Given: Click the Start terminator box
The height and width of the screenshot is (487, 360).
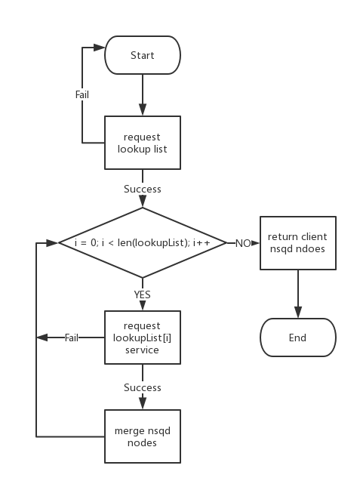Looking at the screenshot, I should click(x=142, y=55).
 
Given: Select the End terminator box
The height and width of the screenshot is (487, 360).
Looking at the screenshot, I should click(x=297, y=338).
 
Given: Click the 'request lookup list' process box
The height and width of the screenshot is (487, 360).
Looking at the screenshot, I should click(x=142, y=143).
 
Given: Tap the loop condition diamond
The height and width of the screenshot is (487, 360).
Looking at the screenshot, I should click(x=142, y=243).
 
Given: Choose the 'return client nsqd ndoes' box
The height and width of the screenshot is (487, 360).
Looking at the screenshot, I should click(x=297, y=242).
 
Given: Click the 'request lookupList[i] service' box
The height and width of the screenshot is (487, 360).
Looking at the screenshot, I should click(x=142, y=338).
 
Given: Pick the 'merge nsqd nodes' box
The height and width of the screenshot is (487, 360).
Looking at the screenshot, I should click(x=142, y=436).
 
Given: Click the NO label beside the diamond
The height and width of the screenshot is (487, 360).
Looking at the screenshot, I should click(x=243, y=243).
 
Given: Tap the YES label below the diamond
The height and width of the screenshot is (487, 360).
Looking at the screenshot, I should click(x=142, y=295).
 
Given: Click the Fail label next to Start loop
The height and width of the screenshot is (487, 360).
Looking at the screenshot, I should click(x=82, y=94).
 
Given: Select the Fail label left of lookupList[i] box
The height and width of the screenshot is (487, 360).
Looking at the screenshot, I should click(x=72, y=338).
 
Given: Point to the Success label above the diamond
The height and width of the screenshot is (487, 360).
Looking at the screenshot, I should click(x=142, y=189).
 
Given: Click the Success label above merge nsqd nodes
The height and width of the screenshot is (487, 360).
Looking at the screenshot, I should click(x=142, y=387).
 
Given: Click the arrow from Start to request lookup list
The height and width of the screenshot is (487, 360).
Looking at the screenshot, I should click(x=142, y=94).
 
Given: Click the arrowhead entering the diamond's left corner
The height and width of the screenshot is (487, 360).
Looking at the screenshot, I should click(x=54, y=243).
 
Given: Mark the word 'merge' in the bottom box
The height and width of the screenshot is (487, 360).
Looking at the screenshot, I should click(x=129, y=430).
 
